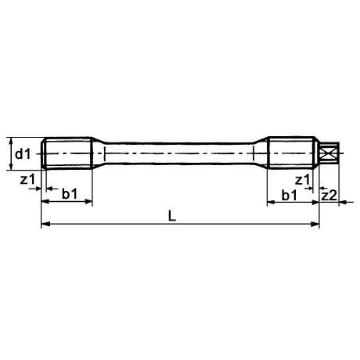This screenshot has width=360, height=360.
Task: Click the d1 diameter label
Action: click(23, 154)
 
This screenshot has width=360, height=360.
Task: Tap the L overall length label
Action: click(172, 216)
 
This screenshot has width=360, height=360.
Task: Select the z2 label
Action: click(329, 196)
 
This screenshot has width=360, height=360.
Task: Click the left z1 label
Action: click(27, 179)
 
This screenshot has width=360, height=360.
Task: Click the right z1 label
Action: click(302, 180)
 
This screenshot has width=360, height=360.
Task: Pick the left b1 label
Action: click(70, 194)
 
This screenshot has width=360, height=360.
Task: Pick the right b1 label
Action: click(290, 195)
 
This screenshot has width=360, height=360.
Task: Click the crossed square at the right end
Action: click(329, 153)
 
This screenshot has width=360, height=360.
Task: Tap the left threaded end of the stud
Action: click(67, 153)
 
